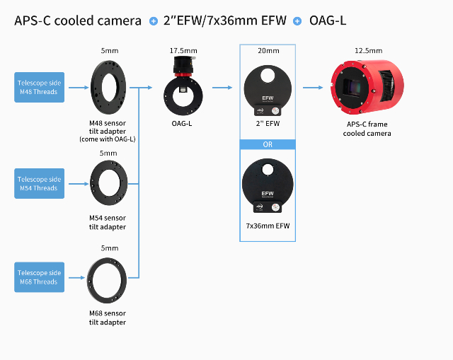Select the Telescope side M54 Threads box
(x=40, y=184)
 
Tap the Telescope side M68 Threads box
(x=40, y=277)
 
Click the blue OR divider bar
(x=268, y=145)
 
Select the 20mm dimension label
(x=268, y=51)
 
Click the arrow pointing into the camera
(x=312, y=88)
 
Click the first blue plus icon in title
(x=154, y=21)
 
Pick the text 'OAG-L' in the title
(x=328, y=21)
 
